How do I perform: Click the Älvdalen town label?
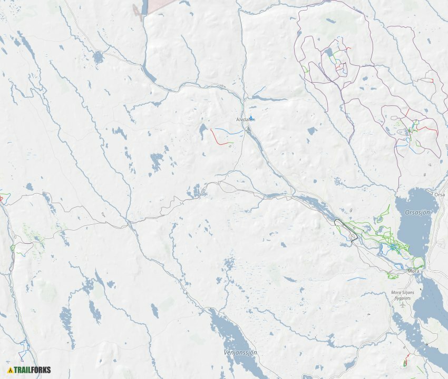tap(246, 120)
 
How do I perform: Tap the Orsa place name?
tap(439, 194)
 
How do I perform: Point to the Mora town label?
tap(414, 271)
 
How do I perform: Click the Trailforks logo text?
tap(32, 370)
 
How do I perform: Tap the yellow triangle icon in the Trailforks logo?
tap(10, 370)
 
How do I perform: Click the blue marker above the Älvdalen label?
tap(251, 117)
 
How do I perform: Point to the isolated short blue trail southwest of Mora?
tap(356, 278)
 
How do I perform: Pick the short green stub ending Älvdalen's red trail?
tap(232, 142)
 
